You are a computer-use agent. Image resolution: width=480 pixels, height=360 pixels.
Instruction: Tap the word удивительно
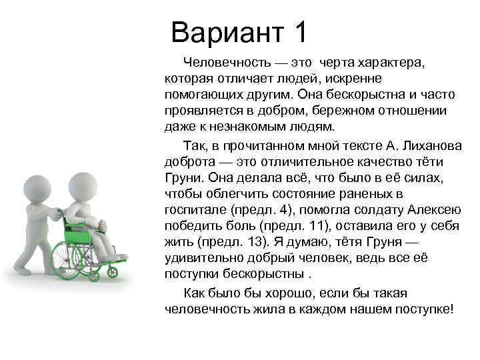click(x=206, y=258)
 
